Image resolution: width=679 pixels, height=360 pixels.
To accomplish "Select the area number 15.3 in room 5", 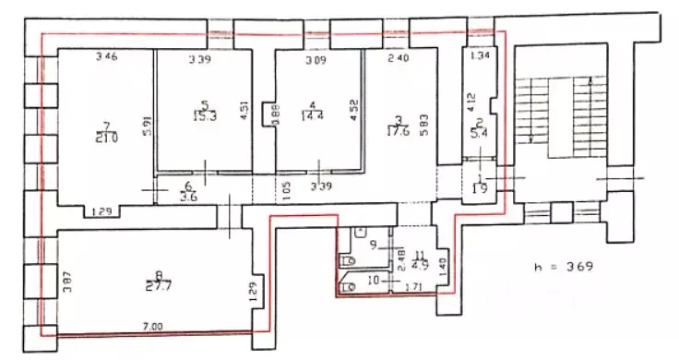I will click(204, 115).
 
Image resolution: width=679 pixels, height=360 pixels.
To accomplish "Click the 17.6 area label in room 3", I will click(398, 129).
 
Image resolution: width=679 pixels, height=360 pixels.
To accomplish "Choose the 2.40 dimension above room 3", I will click(398, 61).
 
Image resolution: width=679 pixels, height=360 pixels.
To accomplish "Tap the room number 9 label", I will click(374, 245).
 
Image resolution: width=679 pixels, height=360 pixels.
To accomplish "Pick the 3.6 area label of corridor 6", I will click(191, 196).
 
